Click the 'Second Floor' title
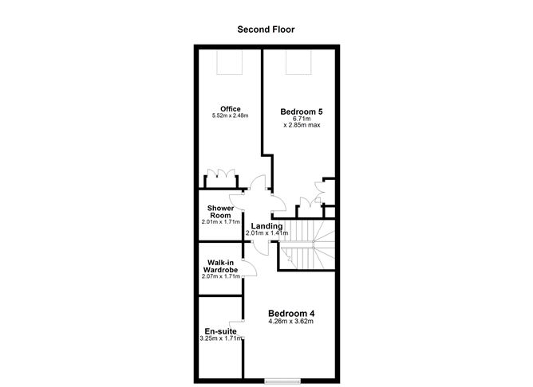(266, 29)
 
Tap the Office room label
(231, 109)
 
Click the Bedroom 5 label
(301, 112)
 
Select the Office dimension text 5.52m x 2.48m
(231, 116)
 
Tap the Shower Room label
(220, 213)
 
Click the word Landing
(266, 226)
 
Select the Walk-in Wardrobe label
(221, 266)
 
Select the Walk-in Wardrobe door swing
(248, 268)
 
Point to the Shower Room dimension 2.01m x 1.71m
(220, 222)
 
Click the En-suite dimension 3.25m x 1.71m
(219, 339)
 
